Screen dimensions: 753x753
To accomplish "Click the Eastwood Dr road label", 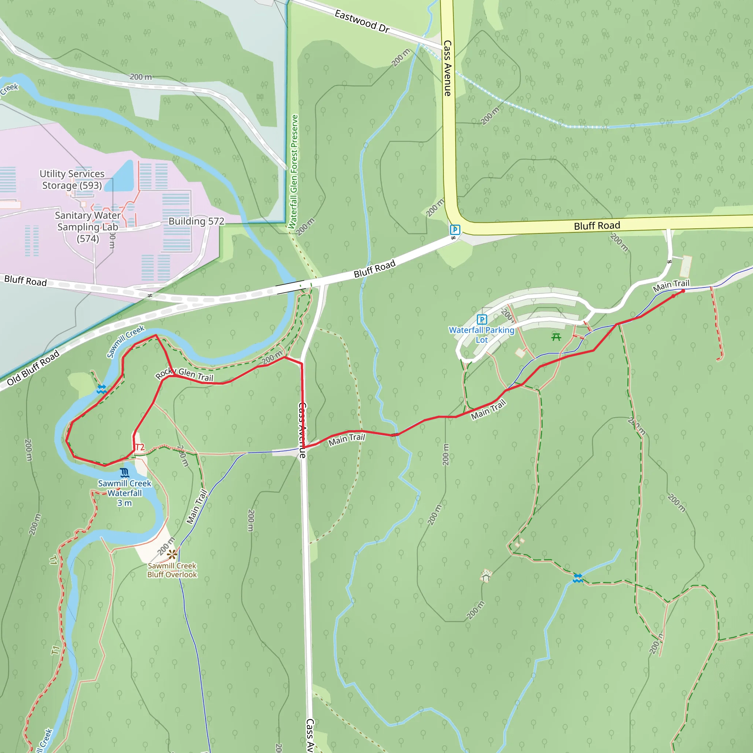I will (362, 22).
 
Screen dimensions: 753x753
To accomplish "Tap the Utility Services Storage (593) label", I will (72, 179).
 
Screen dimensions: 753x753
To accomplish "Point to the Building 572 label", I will (196, 221).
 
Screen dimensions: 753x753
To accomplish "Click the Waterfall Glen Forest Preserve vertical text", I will (293, 171).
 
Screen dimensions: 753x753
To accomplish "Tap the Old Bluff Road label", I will (33, 368).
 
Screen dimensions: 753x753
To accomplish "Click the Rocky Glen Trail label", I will (184, 374).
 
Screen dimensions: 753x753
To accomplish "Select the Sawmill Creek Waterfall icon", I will (125, 473).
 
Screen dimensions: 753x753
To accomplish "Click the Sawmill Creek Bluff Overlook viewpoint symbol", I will (172, 554).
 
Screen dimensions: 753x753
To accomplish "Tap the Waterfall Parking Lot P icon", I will (482, 320).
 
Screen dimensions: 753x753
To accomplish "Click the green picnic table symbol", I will (556, 337).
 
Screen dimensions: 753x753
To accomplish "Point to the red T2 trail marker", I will (139, 447).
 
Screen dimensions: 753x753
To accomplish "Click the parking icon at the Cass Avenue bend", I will (455, 229).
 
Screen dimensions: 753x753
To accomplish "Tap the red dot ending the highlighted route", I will (683, 291).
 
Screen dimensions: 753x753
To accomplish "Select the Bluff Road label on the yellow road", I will (597, 226).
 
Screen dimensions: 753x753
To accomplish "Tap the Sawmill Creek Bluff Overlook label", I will (172, 570).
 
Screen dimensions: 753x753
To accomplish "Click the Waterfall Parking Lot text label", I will (482, 335).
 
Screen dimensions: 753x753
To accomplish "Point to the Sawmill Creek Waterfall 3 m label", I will (125, 493).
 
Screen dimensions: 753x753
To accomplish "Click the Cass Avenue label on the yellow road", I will (447, 68).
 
